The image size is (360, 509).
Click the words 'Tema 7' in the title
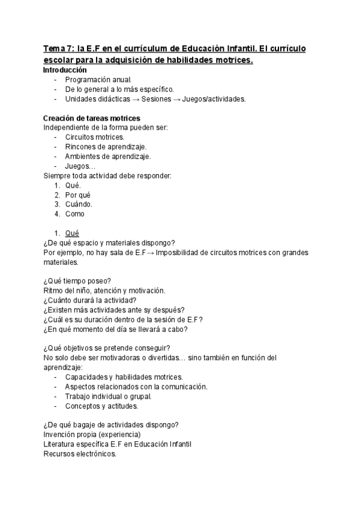56,48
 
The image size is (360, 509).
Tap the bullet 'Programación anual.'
98,80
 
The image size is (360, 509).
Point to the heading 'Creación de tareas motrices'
92,118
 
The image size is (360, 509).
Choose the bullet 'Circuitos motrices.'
95,137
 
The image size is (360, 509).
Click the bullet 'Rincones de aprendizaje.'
106,147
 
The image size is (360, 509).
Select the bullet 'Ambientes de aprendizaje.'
108,157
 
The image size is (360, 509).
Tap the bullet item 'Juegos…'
80,166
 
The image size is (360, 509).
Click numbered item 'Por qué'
78,195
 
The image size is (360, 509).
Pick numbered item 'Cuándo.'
79,204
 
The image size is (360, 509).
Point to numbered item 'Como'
75,214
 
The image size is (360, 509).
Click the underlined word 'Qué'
72,233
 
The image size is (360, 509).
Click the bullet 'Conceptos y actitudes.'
102,406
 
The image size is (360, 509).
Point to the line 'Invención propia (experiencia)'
92,435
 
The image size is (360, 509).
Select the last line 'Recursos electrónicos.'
80,454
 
